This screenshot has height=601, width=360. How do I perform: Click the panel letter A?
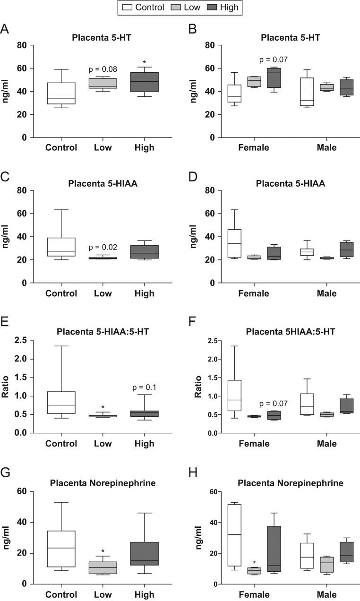click(5, 29)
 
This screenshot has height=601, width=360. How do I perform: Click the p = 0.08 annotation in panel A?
click(103, 70)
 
